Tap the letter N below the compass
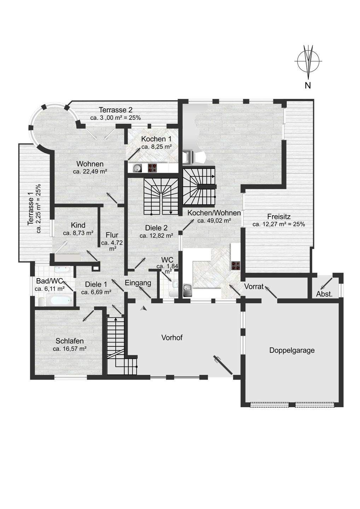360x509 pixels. tap(308, 85)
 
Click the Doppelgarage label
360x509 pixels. tap(292, 350)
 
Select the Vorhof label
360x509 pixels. tap(172, 337)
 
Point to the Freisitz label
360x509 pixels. tap(279, 217)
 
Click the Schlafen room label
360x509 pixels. tap(70, 341)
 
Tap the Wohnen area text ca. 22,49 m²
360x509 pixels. tap(90, 171)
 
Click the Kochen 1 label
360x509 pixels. tap(156, 139)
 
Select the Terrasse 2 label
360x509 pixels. tap(116, 110)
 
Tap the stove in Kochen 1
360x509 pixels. tap(152, 168)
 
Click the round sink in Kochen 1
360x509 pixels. tap(137, 168)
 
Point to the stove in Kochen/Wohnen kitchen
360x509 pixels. tap(236, 265)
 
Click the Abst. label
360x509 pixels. tap(324, 294)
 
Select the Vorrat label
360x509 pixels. tap(254, 287)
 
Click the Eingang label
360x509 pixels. tap(138, 283)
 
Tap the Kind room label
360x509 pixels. tap(78, 226)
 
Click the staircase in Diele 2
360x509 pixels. tap(162, 196)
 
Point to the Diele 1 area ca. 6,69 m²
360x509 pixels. tap(96, 292)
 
